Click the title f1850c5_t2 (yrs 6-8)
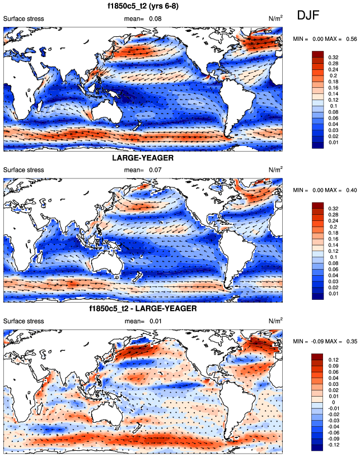142,7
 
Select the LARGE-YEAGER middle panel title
143,158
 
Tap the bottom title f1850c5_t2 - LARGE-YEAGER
143,309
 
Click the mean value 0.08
150,19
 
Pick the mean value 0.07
150,169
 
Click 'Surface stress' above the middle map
24,169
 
